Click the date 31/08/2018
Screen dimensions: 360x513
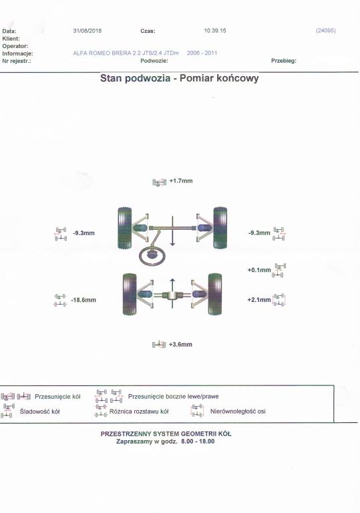(x=87, y=31)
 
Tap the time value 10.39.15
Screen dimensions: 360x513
(x=214, y=31)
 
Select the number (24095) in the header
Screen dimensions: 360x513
(x=326, y=31)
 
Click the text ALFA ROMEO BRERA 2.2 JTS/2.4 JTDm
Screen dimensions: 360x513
(x=126, y=53)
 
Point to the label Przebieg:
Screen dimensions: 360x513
(x=283, y=61)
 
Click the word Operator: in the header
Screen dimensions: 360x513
(x=15, y=46)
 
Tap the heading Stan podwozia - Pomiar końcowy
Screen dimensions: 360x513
(x=180, y=78)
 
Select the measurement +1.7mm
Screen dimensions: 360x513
(x=181, y=181)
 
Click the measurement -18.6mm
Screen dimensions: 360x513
(x=83, y=300)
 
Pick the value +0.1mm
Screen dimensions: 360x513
(x=259, y=270)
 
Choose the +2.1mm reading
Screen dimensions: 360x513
(x=259, y=300)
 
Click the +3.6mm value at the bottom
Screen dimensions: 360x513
(x=180, y=345)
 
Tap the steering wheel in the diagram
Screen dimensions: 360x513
(x=152, y=256)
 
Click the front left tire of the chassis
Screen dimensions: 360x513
(x=125, y=228)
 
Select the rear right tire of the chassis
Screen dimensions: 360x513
(x=214, y=295)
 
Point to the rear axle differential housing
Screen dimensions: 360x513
(x=172, y=295)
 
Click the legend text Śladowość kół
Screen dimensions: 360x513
(x=39, y=411)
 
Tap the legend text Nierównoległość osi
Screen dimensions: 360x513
(x=238, y=411)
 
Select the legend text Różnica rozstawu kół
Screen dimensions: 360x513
(x=139, y=411)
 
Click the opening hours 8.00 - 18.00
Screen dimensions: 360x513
(x=198, y=442)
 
